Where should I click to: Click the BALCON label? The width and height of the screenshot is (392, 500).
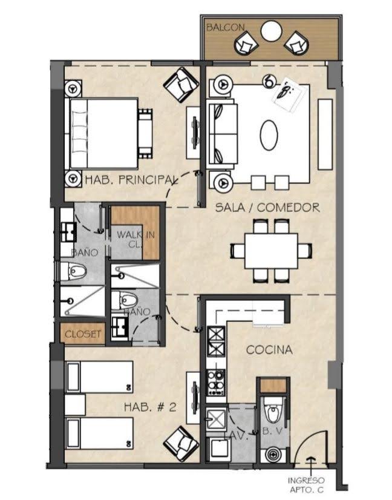point(225,27)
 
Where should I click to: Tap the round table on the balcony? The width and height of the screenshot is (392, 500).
point(271,31)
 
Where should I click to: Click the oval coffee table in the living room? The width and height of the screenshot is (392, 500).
point(269,135)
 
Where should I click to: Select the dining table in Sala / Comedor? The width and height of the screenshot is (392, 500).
point(271,251)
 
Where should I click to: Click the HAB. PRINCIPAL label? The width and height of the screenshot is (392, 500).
point(131,180)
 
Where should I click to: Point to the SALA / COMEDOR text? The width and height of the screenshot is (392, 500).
point(267,208)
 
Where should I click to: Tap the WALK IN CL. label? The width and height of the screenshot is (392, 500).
point(136,240)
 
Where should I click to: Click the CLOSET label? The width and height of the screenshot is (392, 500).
point(83,334)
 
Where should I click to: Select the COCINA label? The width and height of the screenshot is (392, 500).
point(269,350)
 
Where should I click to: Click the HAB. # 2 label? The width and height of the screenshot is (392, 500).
point(150,407)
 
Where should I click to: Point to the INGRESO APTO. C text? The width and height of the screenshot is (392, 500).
point(306,485)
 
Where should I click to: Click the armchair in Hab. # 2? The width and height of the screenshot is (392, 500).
point(181,444)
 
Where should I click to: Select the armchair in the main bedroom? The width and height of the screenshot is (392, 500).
point(181,85)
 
